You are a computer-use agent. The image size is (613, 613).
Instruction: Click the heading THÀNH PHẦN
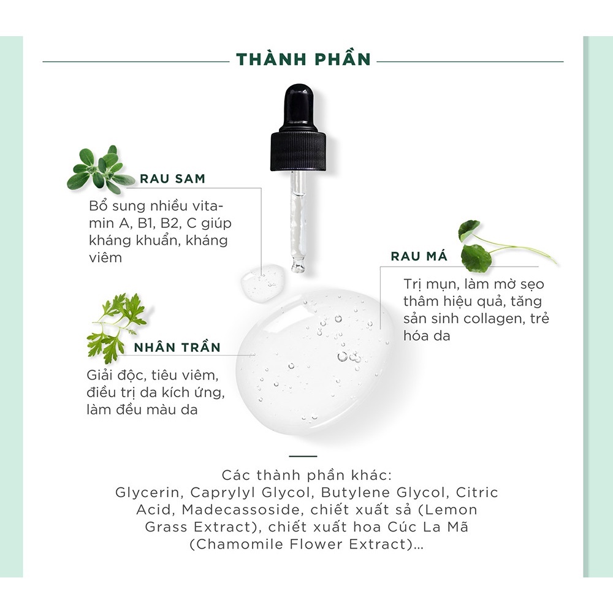click(x=303, y=59)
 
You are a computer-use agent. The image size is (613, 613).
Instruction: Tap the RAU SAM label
click(x=173, y=179)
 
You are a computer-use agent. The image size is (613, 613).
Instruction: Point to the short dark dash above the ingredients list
click(x=302, y=456)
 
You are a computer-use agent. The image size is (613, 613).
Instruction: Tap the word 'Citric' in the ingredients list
click(x=475, y=492)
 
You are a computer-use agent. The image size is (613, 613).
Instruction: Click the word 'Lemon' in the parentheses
click(x=452, y=509)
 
